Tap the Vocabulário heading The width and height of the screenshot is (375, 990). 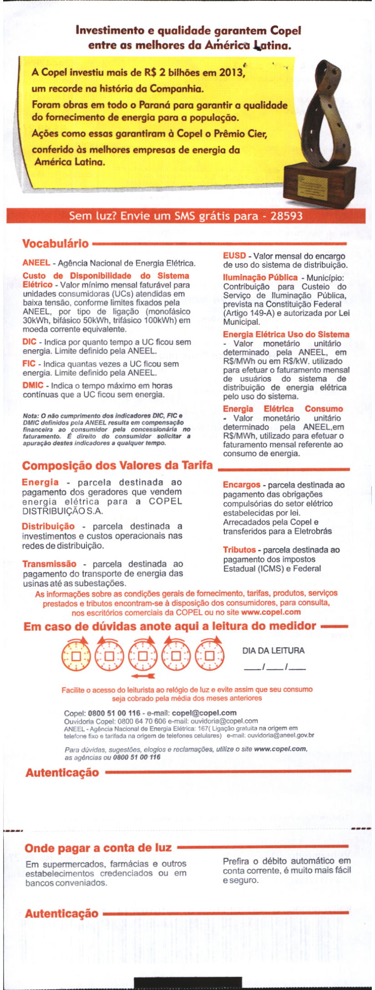56,244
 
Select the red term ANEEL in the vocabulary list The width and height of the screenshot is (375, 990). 36,263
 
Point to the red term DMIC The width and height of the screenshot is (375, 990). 33,386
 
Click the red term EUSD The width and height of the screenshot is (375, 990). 234,256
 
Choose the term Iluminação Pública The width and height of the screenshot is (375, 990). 260,277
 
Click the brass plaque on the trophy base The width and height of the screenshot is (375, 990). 312,184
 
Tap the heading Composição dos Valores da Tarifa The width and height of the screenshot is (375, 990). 117,466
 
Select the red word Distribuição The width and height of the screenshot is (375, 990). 48,526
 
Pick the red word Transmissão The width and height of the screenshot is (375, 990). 50,564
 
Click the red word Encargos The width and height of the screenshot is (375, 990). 242,485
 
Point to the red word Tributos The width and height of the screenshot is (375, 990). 239,550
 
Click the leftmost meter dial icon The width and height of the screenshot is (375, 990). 76,655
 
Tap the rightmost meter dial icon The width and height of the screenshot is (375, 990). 210,655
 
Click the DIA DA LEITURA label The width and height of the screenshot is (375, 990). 274,651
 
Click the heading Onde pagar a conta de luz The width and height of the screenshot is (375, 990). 98,848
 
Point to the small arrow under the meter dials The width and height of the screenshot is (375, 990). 142,675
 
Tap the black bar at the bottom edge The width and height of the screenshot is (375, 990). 187,982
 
